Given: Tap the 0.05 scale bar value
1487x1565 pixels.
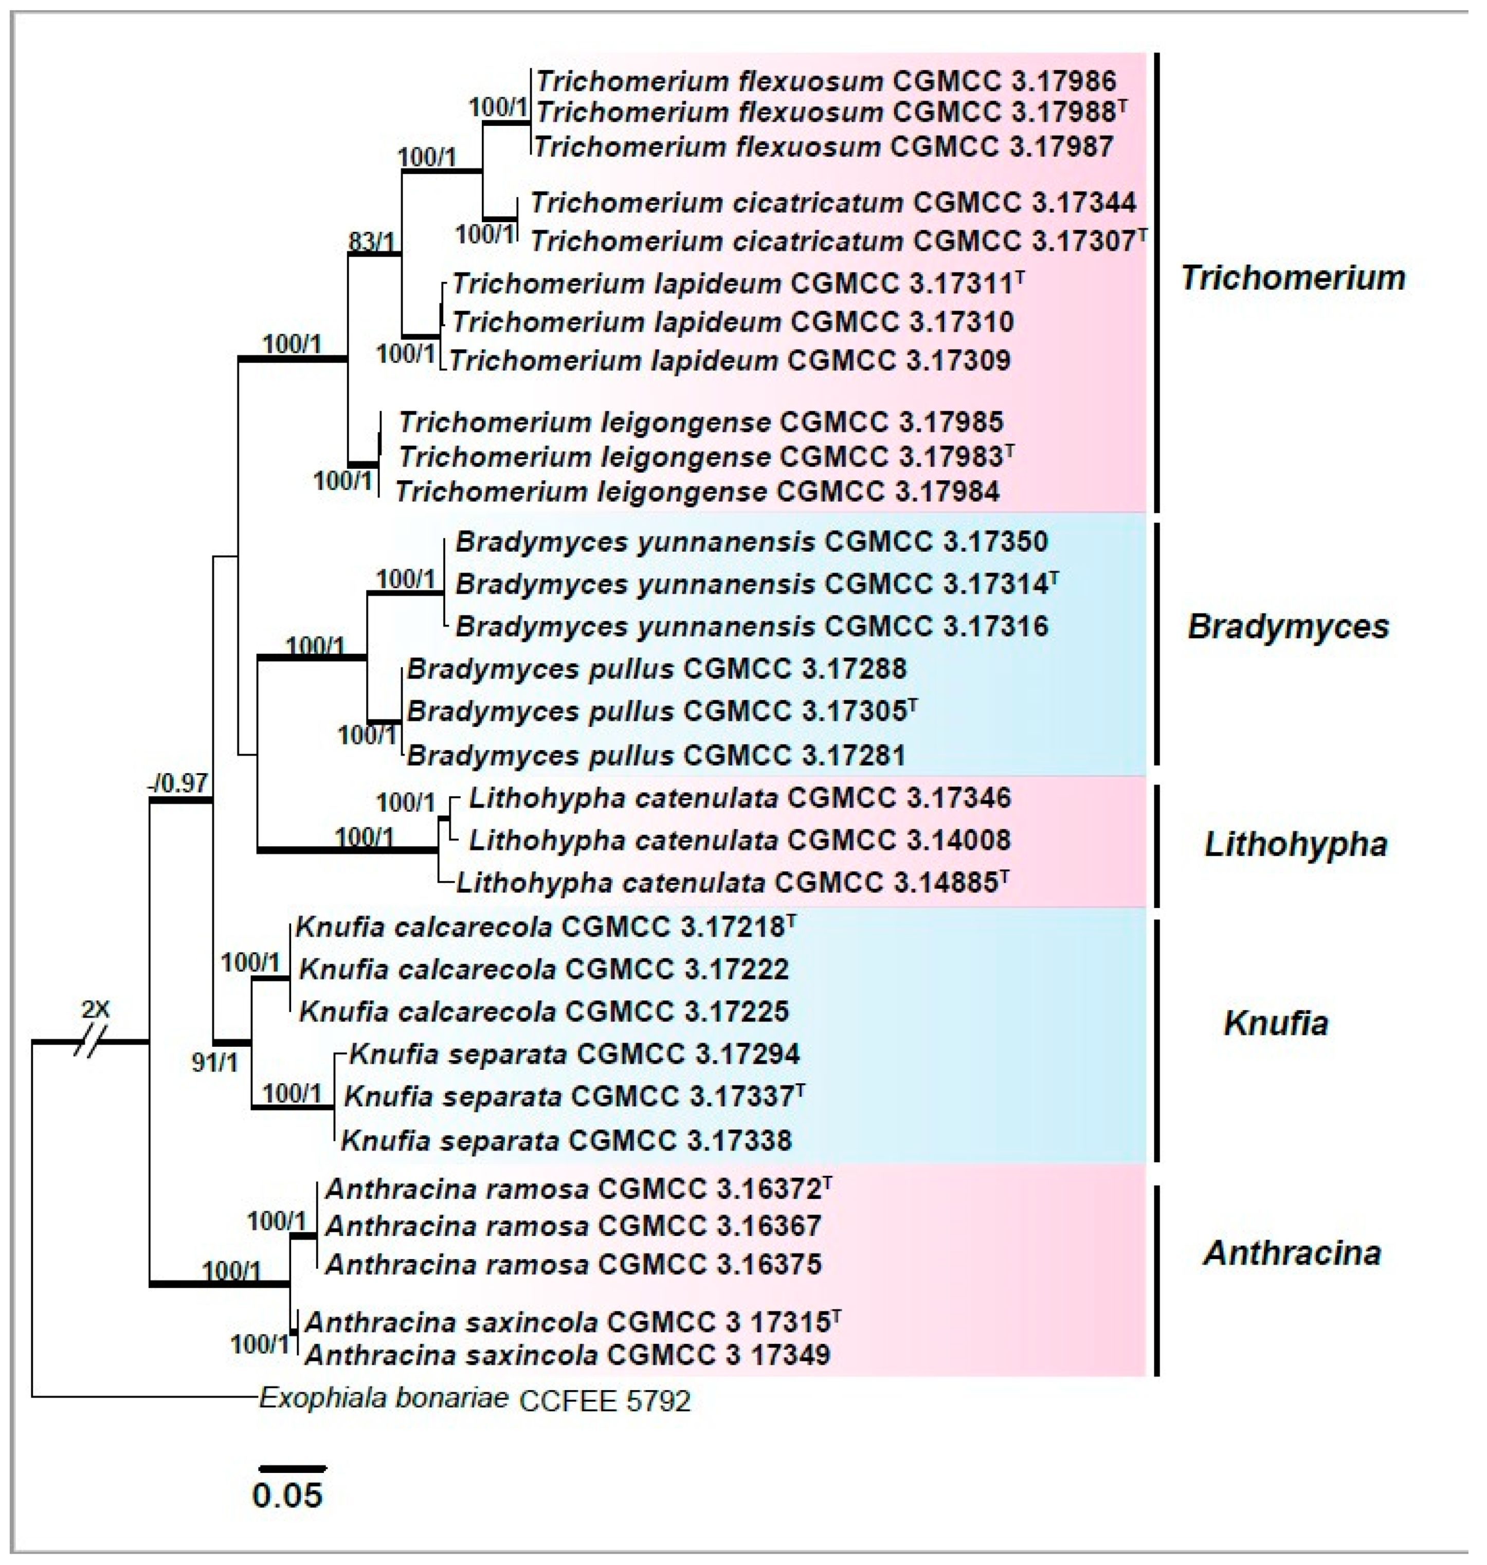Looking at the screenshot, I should pos(287,1495).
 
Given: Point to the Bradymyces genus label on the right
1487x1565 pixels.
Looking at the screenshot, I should pos(1287,627).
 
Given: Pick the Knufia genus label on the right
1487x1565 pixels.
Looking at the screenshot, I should pos(1275,1023).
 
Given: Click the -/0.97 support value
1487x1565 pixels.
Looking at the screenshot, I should pos(178,784).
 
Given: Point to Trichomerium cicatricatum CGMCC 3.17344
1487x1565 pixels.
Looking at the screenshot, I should pos(832,203).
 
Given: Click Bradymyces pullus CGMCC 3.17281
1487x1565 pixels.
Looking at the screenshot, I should pos(656,755).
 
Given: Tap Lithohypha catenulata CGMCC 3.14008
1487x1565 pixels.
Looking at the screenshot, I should pos(739,840).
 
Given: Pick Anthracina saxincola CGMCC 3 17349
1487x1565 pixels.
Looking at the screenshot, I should pos(568,1355).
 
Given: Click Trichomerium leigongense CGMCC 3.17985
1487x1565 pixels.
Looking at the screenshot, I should pos(701,422).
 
